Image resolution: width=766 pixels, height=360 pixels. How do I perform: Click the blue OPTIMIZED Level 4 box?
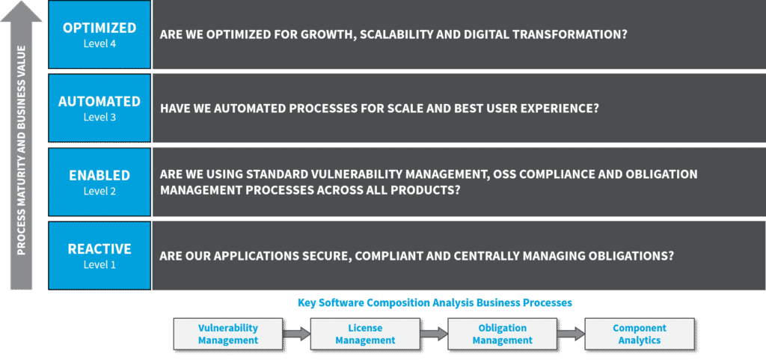tap(99, 34)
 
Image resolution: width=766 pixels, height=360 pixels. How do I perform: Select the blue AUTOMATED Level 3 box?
tap(99, 108)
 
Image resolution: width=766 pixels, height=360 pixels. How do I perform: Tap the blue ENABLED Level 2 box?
tap(99, 182)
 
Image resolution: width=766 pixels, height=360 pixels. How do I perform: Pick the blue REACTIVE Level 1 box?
tap(99, 255)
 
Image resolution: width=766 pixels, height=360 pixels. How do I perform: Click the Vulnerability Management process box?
tap(228, 334)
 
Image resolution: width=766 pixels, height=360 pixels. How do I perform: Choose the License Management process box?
tap(365, 334)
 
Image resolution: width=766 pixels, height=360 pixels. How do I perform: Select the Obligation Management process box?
tap(503, 334)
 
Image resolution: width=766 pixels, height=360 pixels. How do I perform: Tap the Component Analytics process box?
tap(640, 334)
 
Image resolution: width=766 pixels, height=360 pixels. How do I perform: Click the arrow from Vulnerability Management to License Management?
tap(296, 334)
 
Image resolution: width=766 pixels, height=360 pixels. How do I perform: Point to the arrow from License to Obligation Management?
tap(434, 334)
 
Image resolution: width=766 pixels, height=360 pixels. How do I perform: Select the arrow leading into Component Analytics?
tap(571, 334)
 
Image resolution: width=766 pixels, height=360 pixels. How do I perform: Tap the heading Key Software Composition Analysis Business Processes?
tap(435, 303)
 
